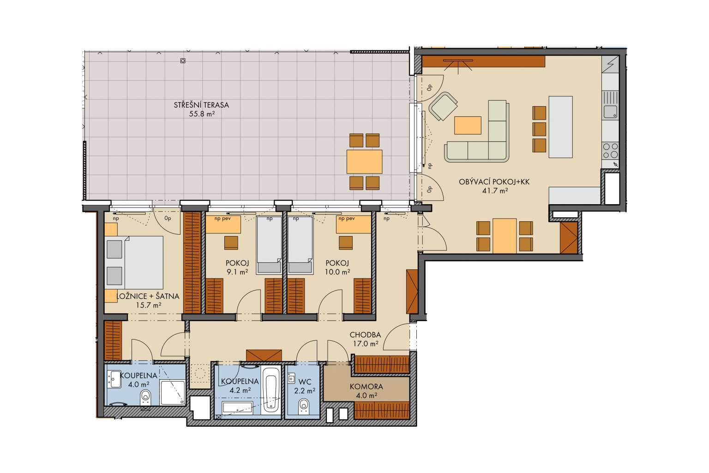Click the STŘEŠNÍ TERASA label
tap(201, 105)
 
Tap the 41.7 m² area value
tap(495, 191)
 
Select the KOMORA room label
tap(366, 387)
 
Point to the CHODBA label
tap(365, 335)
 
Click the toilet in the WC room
tap(304, 406)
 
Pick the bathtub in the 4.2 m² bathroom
tap(271, 389)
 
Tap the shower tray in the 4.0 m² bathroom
tap(173, 393)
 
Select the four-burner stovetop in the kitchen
tap(611, 151)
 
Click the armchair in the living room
tap(443, 106)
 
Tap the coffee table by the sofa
tap(468, 126)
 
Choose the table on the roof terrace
tap(364, 162)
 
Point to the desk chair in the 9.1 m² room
tap(231, 243)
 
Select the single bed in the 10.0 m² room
tap(300, 245)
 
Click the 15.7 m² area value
tap(149, 305)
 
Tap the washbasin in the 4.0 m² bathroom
tap(114, 379)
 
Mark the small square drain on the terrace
tap(183, 61)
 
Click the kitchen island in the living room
tap(560, 127)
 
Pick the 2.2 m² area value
tap(305, 391)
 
